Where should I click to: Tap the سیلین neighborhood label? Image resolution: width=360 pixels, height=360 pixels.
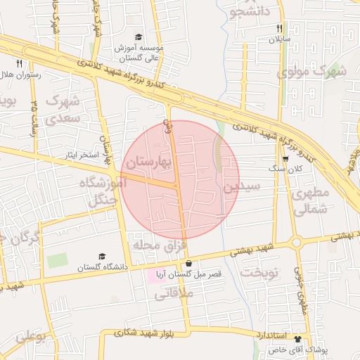tap(242, 187)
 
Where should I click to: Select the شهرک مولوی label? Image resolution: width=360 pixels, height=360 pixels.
tap(311, 71)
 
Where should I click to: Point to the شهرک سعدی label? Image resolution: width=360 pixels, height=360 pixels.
tap(63, 109)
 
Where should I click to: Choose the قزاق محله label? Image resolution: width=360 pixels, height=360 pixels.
tap(157, 245)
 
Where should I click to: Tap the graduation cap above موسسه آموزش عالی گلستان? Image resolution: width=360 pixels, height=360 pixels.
tap(139, 37)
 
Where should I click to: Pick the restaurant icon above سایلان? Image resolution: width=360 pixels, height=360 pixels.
tap(279, 28)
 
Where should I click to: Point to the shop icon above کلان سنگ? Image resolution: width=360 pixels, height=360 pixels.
tap(285, 158)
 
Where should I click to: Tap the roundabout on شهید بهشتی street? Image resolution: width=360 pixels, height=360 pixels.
tap(296, 243)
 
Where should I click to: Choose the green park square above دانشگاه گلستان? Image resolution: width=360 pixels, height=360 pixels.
tap(58, 260)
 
